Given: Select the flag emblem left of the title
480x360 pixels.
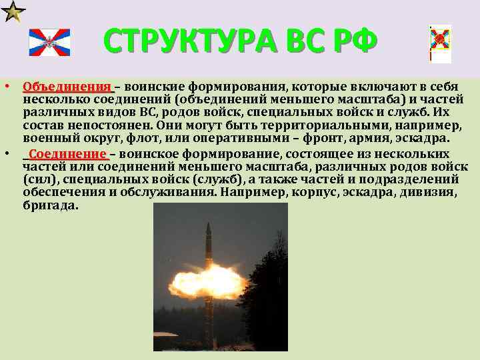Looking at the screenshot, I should [x=49, y=43].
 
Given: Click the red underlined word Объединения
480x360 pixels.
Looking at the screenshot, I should [x=67, y=87].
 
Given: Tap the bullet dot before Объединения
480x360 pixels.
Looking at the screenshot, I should [x=5, y=87].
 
